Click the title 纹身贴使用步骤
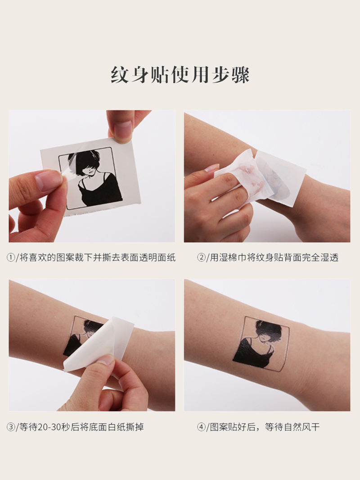180,74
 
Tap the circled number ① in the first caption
11,258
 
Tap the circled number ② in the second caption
201,258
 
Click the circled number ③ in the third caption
11,427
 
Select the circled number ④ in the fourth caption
201,427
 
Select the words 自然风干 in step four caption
302,427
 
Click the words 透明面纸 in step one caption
157,258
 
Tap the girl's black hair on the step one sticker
86,162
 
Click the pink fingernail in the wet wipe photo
211,168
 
